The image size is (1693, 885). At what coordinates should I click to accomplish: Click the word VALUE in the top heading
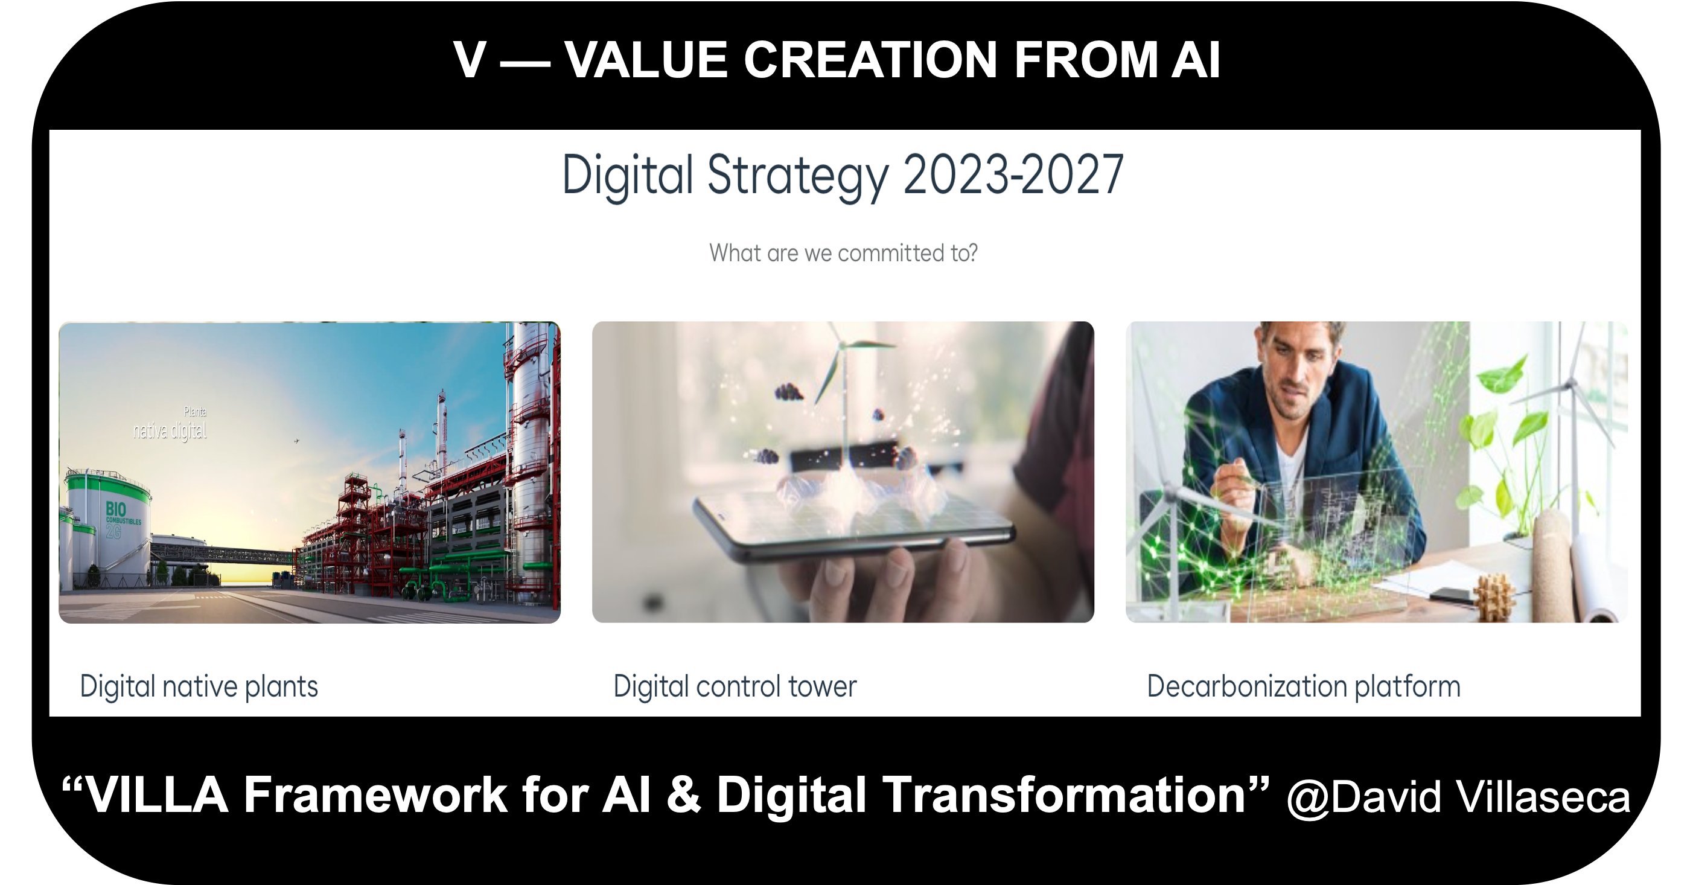click(x=646, y=60)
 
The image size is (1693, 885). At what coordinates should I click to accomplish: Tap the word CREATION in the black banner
click(x=872, y=60)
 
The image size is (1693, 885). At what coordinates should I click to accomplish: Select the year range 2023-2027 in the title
click(x=1013, y=175)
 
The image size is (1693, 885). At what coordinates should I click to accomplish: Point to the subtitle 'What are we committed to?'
click(x=843, y=253)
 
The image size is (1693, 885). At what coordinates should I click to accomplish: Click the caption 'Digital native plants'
click(x=199, y=687)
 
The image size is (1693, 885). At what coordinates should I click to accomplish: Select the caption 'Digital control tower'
click(x=735, y=686)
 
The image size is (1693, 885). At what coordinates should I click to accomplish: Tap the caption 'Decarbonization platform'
click(x=1304, y=687)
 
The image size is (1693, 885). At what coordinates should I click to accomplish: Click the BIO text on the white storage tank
click(x=116, y=509)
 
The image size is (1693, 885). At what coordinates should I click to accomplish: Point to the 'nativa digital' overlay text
click(x=170, y=431)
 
